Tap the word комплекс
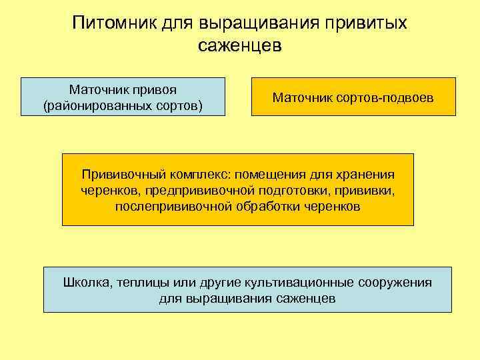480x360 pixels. tap(193, 175)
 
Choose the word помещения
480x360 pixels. tap(266, 175)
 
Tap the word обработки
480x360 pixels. tap(268, 207)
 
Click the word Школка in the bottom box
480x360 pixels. tap(87, 282)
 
